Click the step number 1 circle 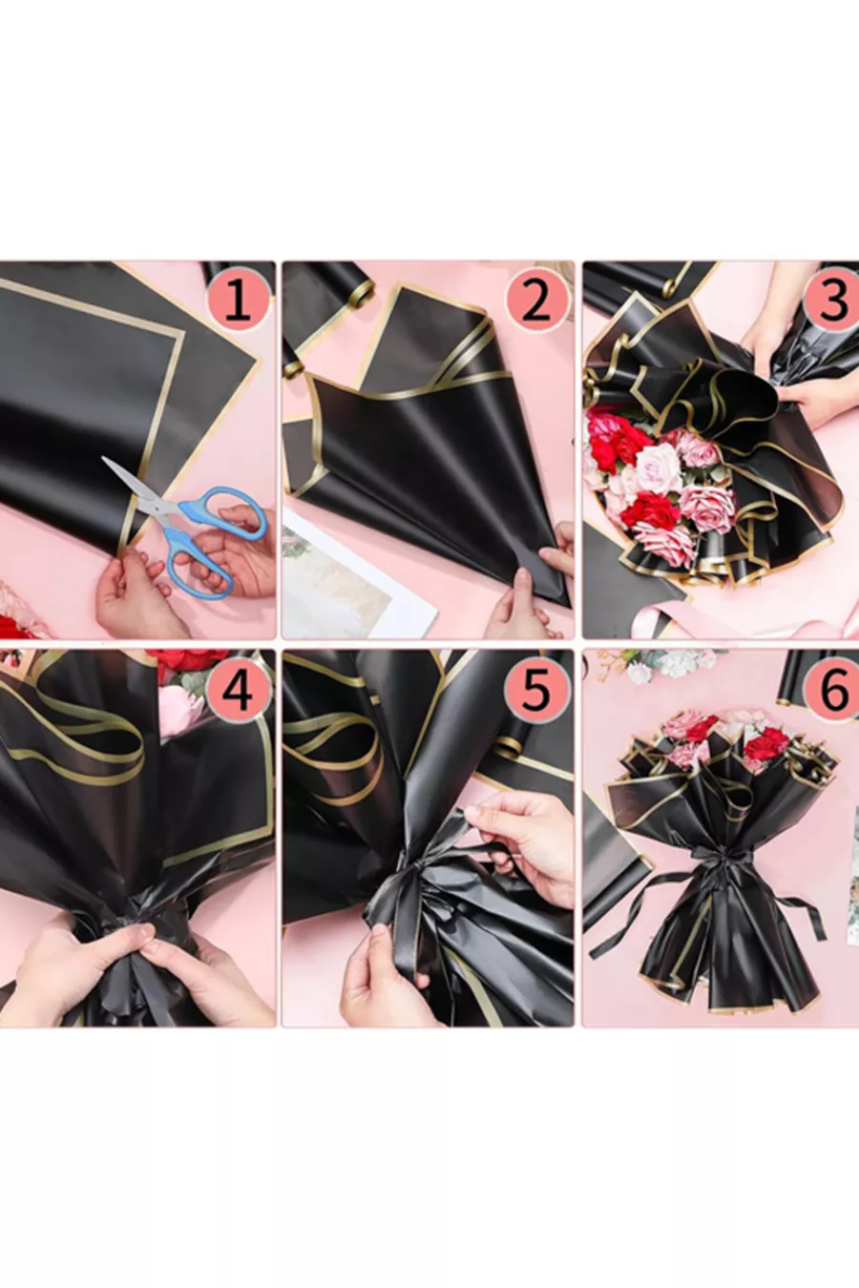[238, 303]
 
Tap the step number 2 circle [535, 303]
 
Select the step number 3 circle [832, 303]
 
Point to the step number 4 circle [238, 691]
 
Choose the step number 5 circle [535, 691]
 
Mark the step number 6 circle [832, 691]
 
